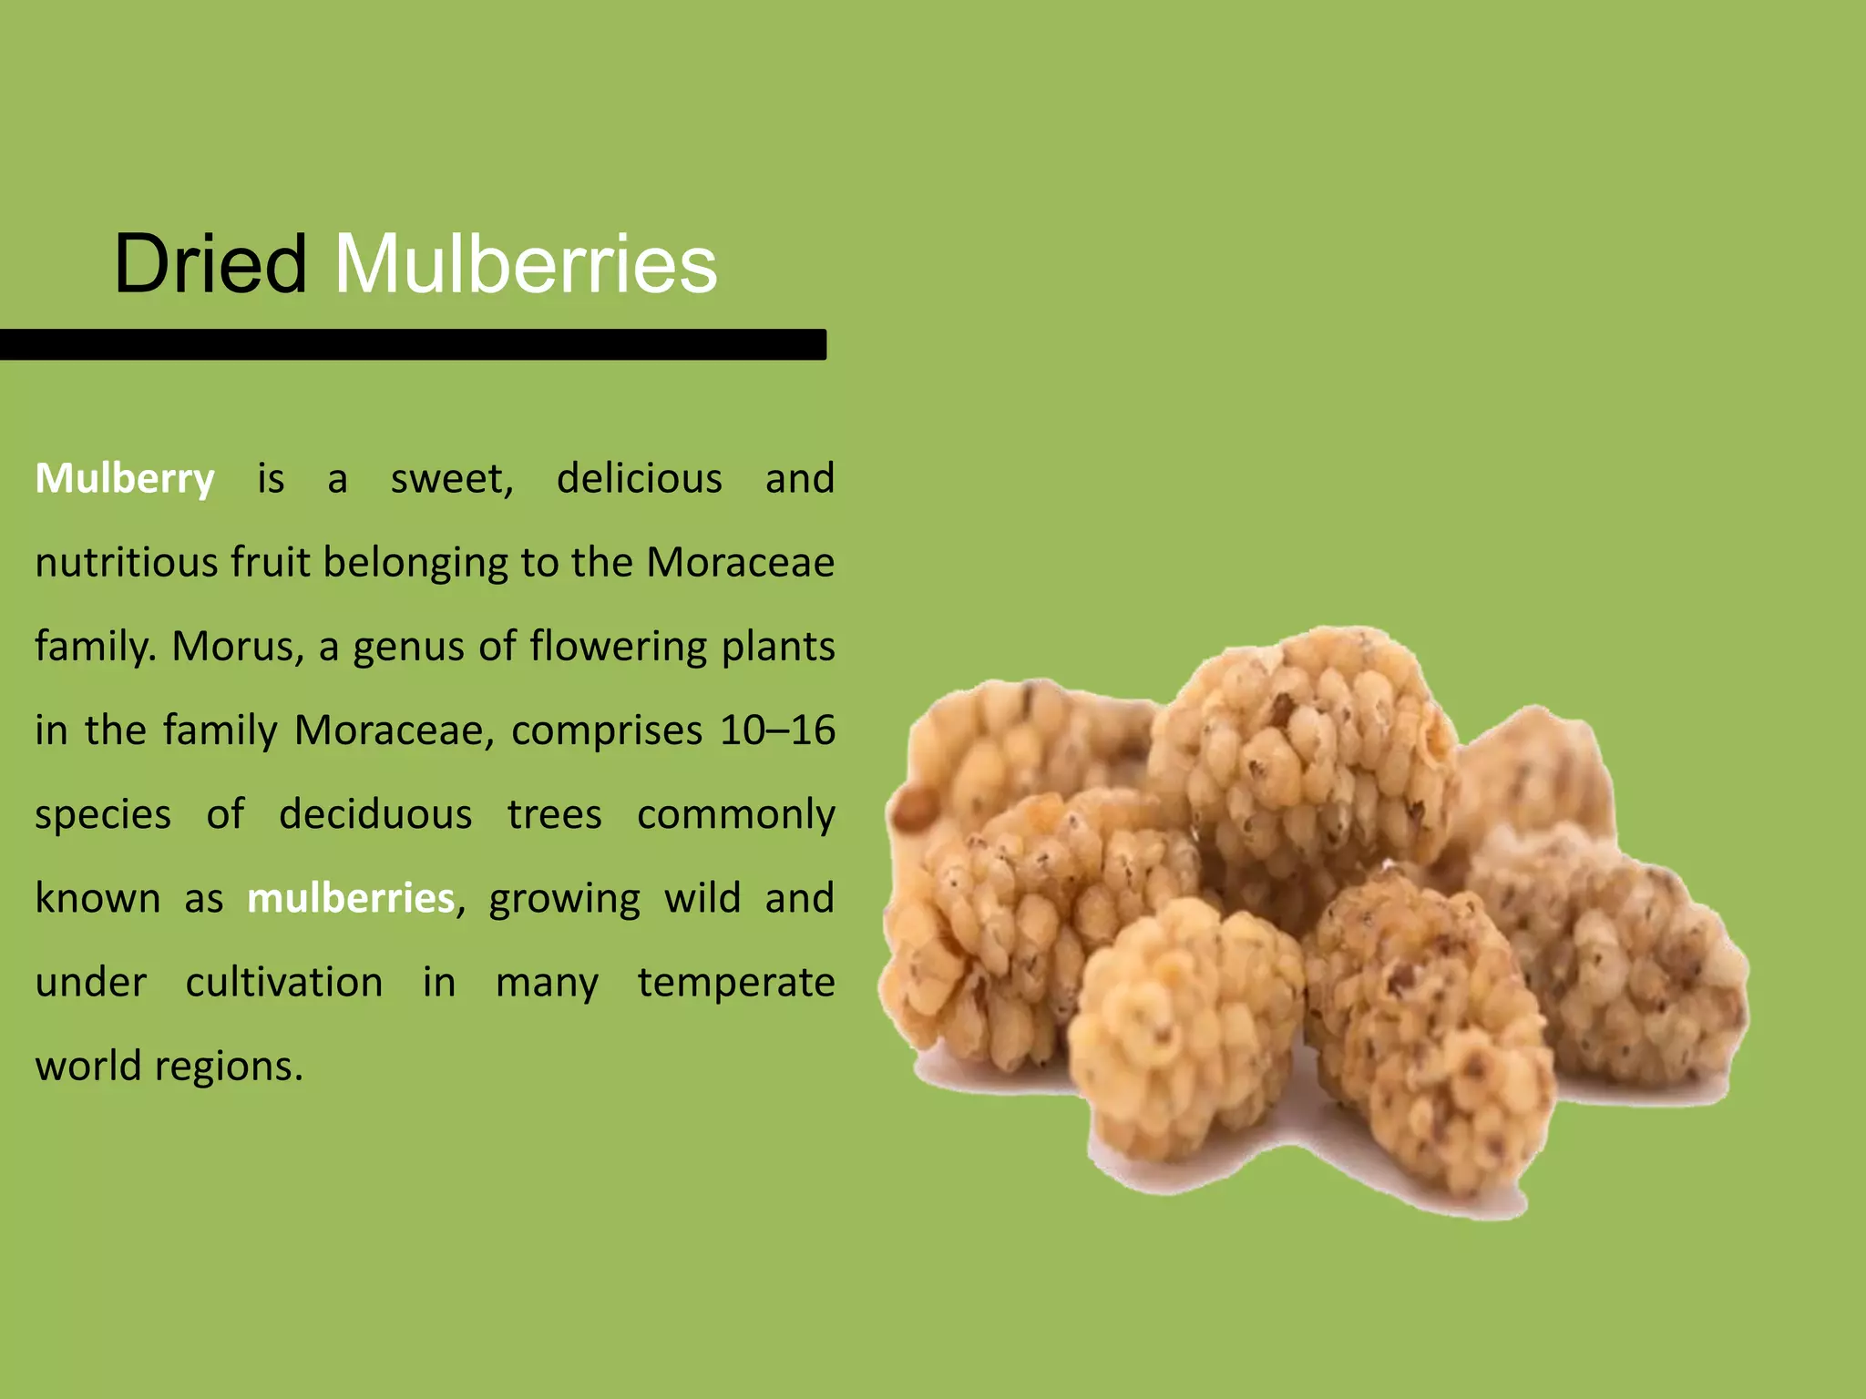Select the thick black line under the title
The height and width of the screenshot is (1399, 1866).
tap(413, 344)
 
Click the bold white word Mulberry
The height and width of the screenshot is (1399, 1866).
tap(125, 479)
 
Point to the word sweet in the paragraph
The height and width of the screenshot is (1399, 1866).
tap(451, 479)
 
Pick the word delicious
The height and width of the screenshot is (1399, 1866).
tap(639, 479)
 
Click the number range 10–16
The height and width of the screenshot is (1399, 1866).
tap(776, 730)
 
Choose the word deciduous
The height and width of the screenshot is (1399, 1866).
tap(375, 814)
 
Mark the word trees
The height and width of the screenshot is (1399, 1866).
tap(554, 814)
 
